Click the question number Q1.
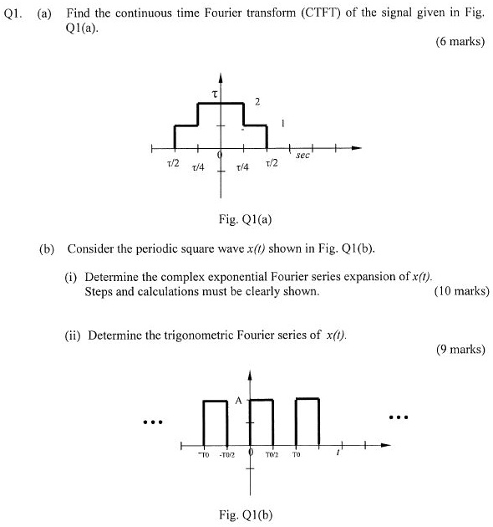[13, 11]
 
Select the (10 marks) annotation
[462, 292]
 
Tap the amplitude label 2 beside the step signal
[258, 102]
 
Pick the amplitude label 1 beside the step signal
[283, 123]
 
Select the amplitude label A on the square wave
[238, 401]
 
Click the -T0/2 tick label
[227, 456]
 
